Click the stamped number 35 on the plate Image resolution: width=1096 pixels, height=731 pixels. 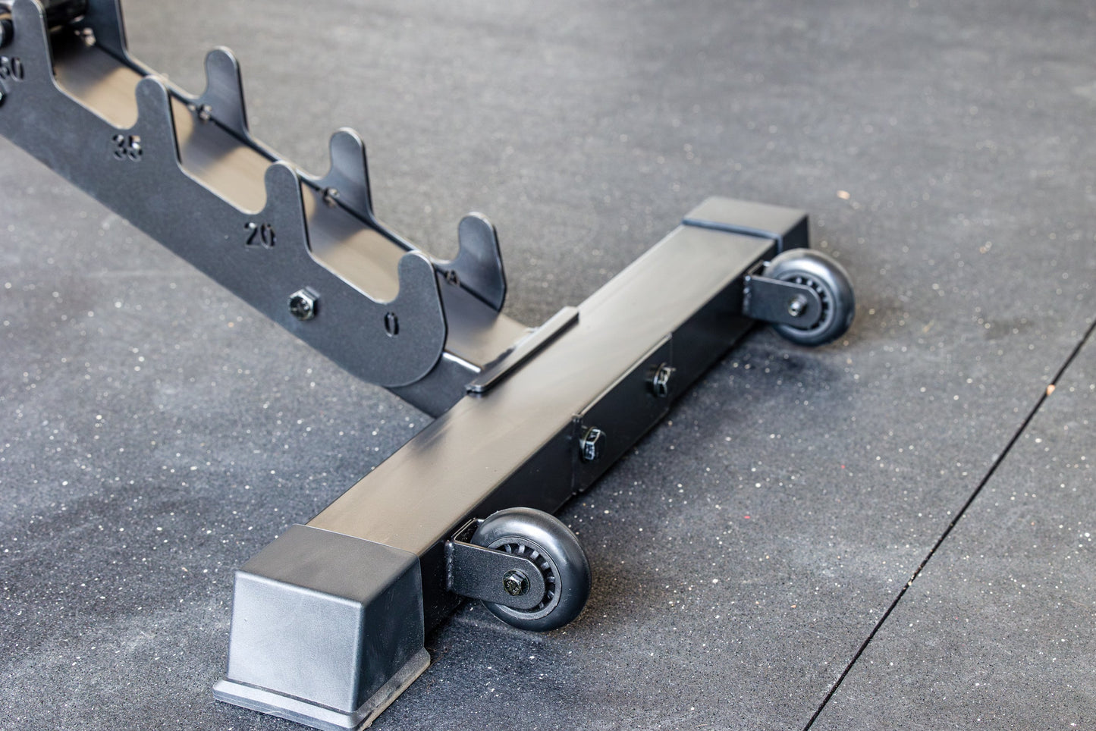click(127, 147)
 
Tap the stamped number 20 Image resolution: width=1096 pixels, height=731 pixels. click(260, 235)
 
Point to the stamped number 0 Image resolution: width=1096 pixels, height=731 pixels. click(391, 324)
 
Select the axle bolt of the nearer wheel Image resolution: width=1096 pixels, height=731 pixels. click(517, 583)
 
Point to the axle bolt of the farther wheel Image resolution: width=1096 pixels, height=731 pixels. click(798, 307)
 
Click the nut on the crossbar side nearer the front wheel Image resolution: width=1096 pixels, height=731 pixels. click(589, 445)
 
